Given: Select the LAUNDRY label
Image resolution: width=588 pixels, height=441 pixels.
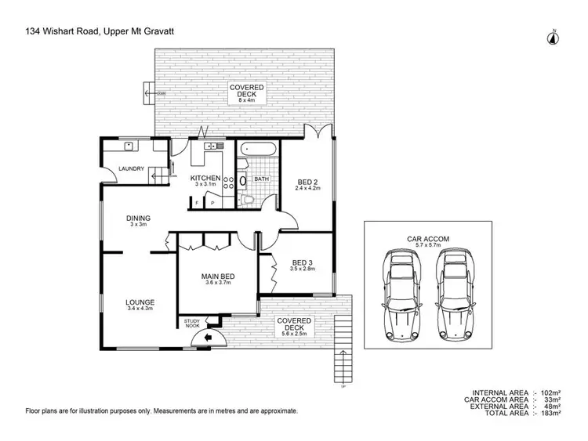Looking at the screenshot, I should [x=130, y=169].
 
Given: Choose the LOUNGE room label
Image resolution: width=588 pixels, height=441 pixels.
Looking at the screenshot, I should [x=140, y=302].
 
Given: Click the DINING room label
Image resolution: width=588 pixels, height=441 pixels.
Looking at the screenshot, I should [x=139, y=219].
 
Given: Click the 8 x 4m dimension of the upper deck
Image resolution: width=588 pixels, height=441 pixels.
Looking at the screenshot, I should [x=248, y=100].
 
